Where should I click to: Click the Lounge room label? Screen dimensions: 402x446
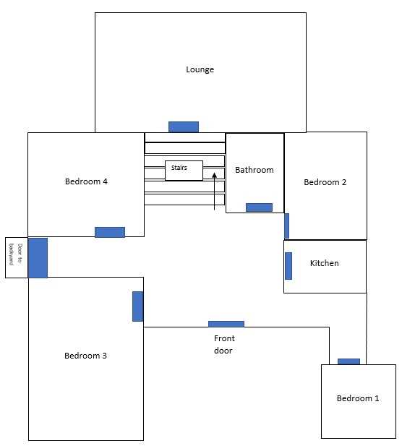click(200, 69)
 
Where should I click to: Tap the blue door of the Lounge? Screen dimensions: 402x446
click(184, 126)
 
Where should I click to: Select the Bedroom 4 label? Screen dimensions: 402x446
click(86, 181)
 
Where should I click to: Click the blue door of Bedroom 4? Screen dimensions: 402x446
click(110, 232)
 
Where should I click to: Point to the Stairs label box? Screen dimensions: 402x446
click(184, 171)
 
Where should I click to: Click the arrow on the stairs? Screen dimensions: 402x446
click(215, 191)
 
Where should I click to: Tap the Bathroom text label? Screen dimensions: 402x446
click(255, 170)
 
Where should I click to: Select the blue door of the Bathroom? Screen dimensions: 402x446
click(259, 207)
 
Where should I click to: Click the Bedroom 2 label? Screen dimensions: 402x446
click(325, 182)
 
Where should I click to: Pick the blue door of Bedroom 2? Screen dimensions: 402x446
click(287, 226)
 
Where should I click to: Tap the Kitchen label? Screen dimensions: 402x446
click(325, 263)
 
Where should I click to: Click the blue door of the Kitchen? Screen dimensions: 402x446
click(288, 266)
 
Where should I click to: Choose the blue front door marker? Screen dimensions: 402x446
click(226, 324)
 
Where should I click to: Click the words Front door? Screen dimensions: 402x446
click(224, 345)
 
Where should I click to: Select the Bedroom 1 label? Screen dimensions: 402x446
click(358, 398)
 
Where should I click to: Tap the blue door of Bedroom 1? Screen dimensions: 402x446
click(348, 361)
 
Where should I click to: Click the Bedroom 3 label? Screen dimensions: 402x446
click(85, 356)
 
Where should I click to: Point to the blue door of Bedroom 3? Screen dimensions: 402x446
click(137, 306)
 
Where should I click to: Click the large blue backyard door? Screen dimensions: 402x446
click(38, 258)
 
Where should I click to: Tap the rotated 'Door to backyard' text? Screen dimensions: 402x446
click(16, 254)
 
